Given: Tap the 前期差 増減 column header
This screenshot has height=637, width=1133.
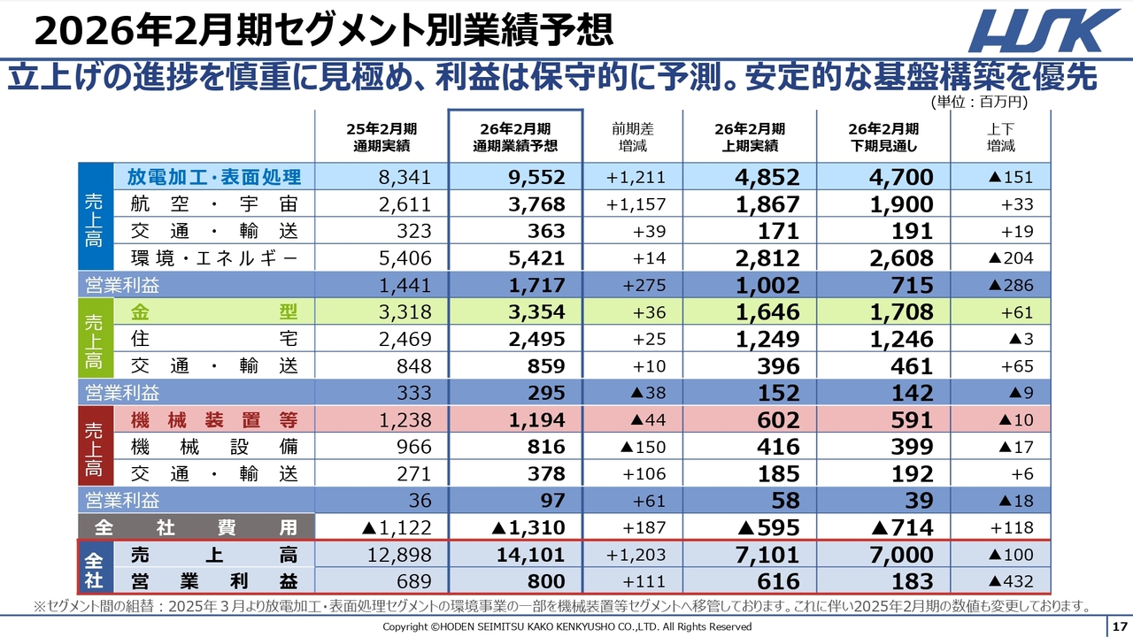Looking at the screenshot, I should (633, 137).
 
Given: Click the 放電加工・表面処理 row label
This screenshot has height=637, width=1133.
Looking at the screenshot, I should (214, 177).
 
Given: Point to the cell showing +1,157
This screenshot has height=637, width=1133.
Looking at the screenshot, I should (636, 204).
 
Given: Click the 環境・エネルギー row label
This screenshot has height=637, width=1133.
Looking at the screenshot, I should (214, 258).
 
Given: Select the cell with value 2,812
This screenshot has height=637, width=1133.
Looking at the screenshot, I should (767, 258).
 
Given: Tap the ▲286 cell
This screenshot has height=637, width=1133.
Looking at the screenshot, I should (1009, 286).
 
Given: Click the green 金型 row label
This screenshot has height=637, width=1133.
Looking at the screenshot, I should (214, 312).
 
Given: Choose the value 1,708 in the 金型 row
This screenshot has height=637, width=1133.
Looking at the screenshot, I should (900, 312).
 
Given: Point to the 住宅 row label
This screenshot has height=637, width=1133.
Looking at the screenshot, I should (214, 339).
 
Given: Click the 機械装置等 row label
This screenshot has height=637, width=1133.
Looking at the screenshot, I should (214, 419).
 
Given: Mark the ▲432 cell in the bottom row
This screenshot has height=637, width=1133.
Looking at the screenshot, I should (1009, 581).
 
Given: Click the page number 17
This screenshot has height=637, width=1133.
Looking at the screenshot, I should (1119, 626).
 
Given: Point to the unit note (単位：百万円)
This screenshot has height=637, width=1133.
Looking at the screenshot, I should (979, 102).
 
